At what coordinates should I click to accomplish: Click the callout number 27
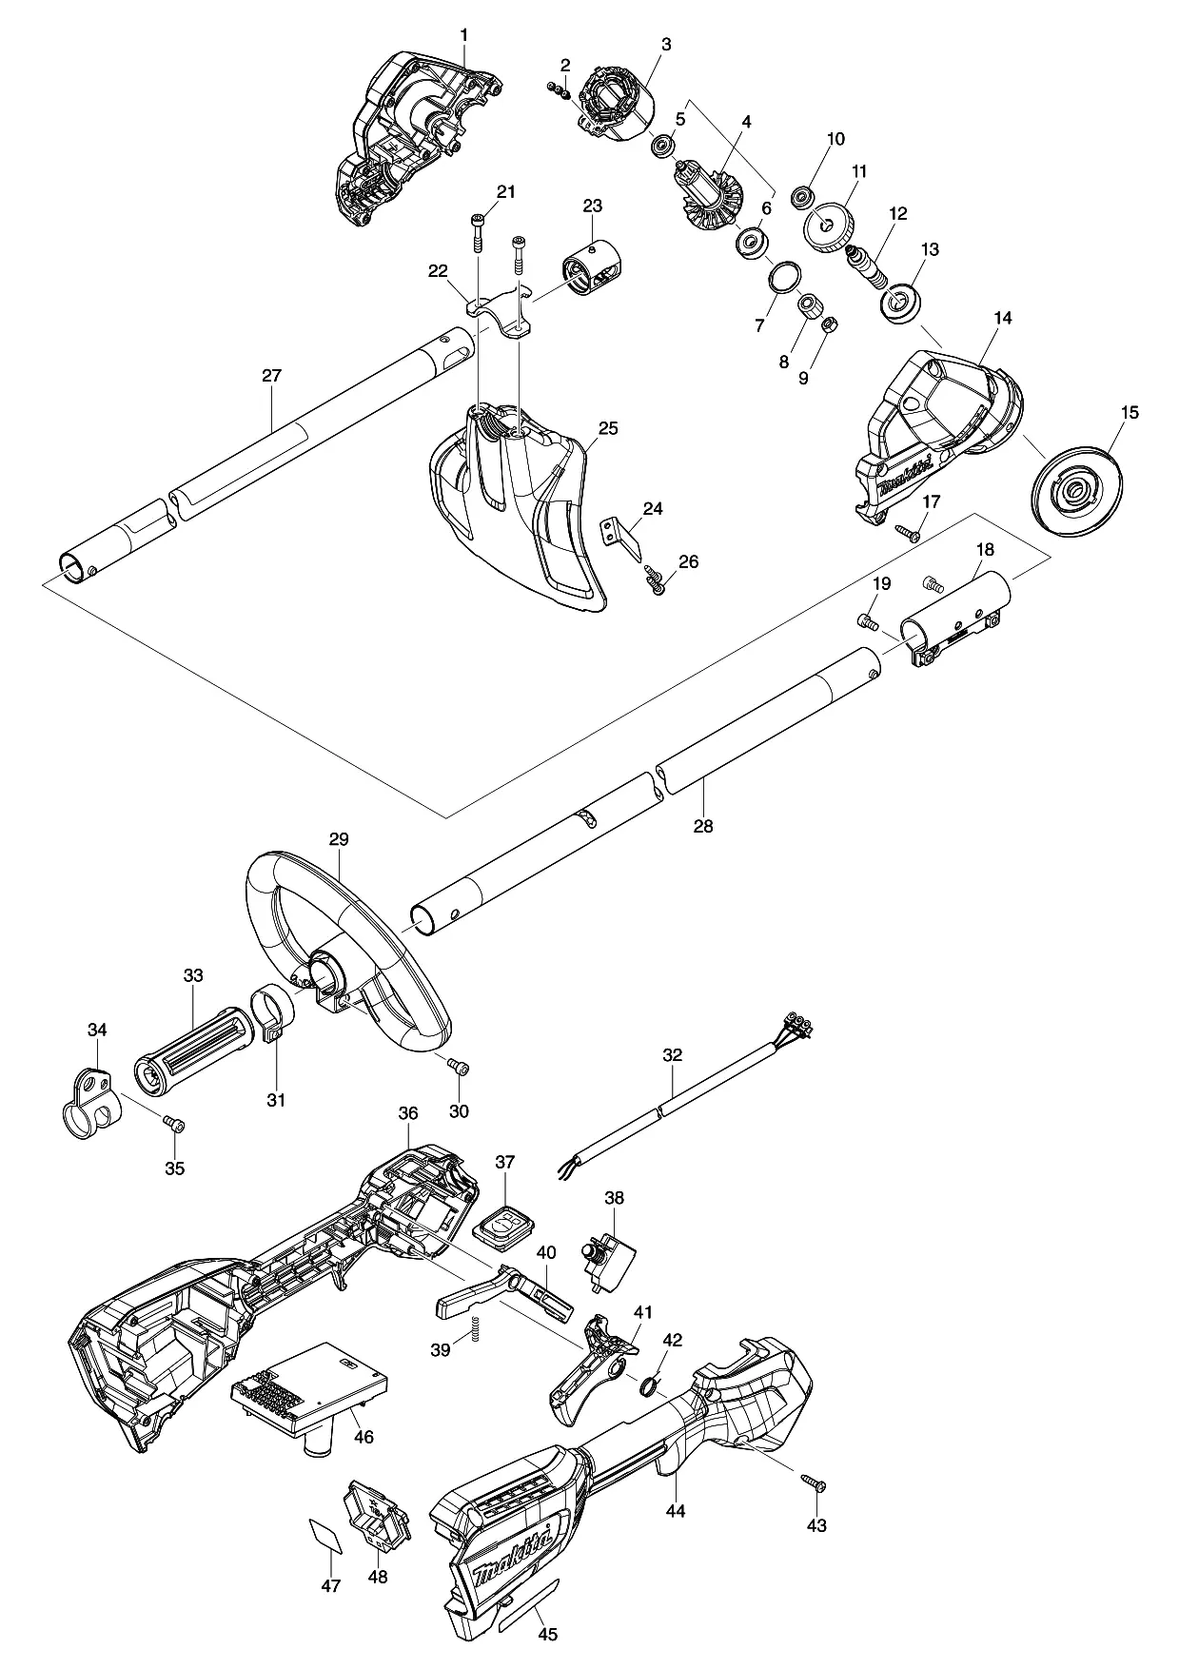pos(271,376)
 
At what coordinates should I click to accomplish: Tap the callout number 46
pos(363,1437)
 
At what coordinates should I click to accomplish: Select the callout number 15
pos(1130,413)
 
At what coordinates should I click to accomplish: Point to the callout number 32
pos(673,1055)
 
